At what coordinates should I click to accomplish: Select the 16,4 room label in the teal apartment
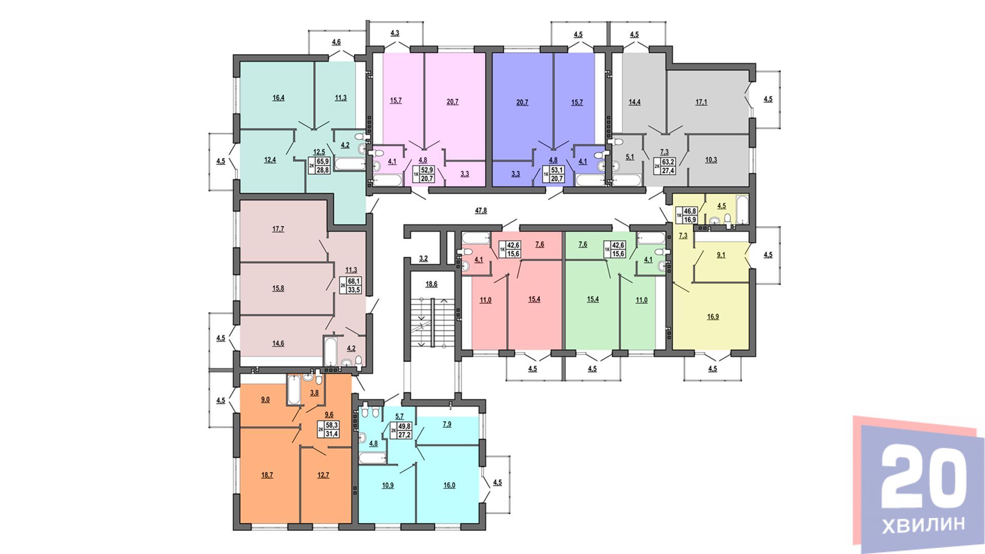277,97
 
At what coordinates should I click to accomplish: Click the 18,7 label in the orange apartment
267,475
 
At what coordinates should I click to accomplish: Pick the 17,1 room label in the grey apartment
701,102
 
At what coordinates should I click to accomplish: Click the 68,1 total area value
353,281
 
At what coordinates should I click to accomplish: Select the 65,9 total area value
322,160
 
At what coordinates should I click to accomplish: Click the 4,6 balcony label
336,42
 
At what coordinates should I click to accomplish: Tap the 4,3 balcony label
395,33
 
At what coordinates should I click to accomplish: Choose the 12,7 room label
323,475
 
